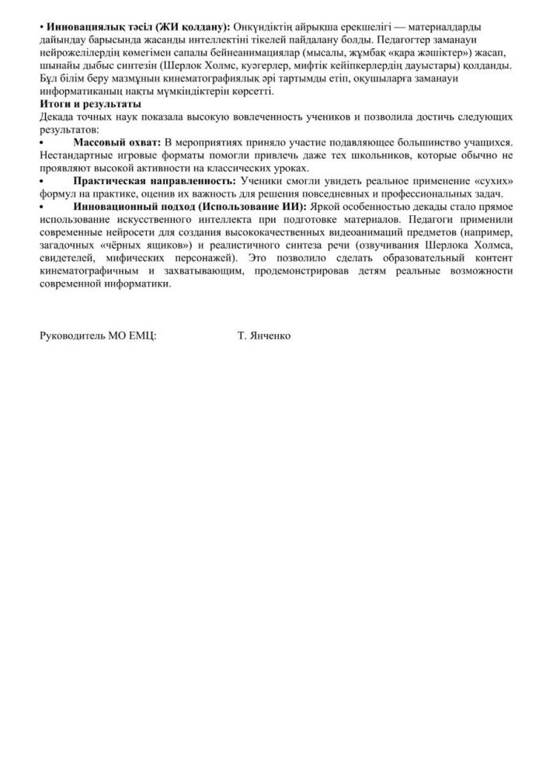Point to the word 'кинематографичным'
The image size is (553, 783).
(86, 270)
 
